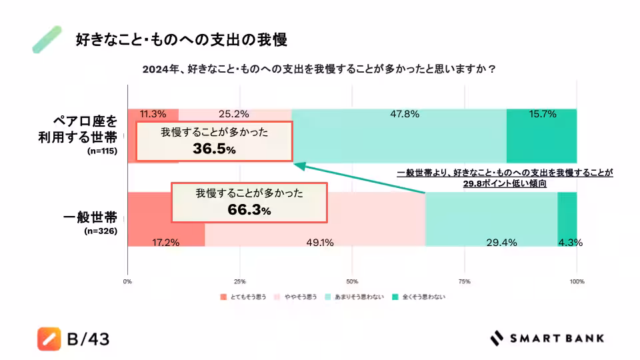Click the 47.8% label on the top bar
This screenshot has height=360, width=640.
pyautogui.click(x=405, y=114)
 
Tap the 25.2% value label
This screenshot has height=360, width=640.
pyautogui.click(x=233, y=114)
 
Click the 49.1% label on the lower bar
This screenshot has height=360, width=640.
pyautogui.click(x=319, y=243)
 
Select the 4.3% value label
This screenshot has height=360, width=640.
pyautogui.click(x=571, y=243)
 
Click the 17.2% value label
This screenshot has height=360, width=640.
pyautogui.click(x=165, y=243)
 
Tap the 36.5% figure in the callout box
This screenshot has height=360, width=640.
pyautogui.click(x=214, y=150)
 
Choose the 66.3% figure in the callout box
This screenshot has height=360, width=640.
pyautogui.click(x=249, y=211)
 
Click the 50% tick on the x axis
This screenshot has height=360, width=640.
pyautogui.click(x=352, y=281)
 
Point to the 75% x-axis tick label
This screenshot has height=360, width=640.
pyautogui.click(x=465, y=281)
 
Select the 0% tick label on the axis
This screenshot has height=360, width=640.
pyautogui.click(x=127, y=281)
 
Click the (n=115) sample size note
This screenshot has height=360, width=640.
pyautogui.click(x=102, y=152)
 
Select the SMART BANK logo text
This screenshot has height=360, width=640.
pyautogui.click(x=557, y=338)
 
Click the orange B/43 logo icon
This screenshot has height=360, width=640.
pyautogui.click(x=49, y=339)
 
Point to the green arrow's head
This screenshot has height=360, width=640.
pyautogui.click(x=297, y=164)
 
